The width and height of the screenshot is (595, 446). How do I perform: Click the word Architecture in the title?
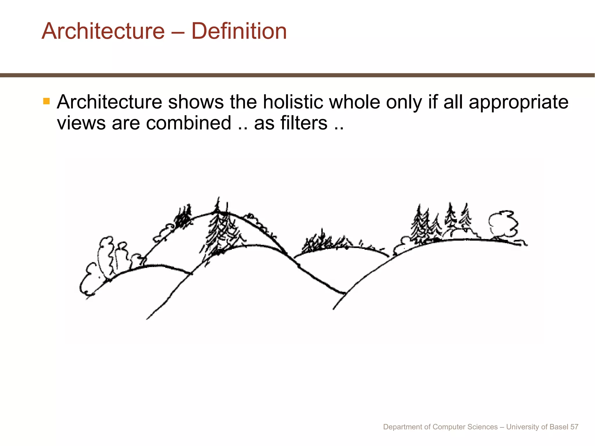pos(103,31)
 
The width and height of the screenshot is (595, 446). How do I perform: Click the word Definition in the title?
pos(239,31)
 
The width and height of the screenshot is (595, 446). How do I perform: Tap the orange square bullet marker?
pos(46,101)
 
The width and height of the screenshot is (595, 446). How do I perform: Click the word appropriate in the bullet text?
pos(518,102)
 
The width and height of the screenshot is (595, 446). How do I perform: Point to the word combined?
pos(189,123)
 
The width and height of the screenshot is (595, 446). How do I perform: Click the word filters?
pos(304,123)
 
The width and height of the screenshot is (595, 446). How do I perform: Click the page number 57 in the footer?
pos(574,427)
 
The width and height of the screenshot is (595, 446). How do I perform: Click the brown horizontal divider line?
pos(297,75)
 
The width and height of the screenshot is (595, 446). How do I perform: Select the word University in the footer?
pos(522,427)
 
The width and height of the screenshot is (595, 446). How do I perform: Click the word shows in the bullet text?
pos(196,102)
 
